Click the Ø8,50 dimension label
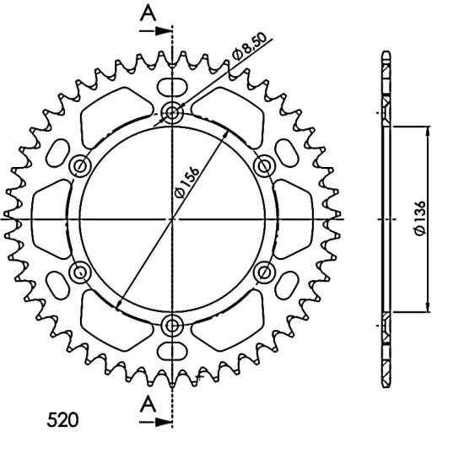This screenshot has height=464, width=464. click(x=250, y=46)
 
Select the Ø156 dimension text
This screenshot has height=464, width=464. click(x=187, y=182)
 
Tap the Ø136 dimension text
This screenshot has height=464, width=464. click(x=420, y=219)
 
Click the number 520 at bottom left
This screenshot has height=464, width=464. click(x=62, y=420)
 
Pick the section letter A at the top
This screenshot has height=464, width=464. click(x=148, y=13)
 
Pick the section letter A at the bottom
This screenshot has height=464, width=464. click(x=148, y=404)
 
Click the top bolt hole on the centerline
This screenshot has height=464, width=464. click(x=172, y=112)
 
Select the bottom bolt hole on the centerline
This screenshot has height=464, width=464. click(x=172, y=326)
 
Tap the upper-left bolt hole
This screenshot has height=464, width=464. click(x=80, y=165)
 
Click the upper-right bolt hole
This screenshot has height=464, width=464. click(x=265, y=165)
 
